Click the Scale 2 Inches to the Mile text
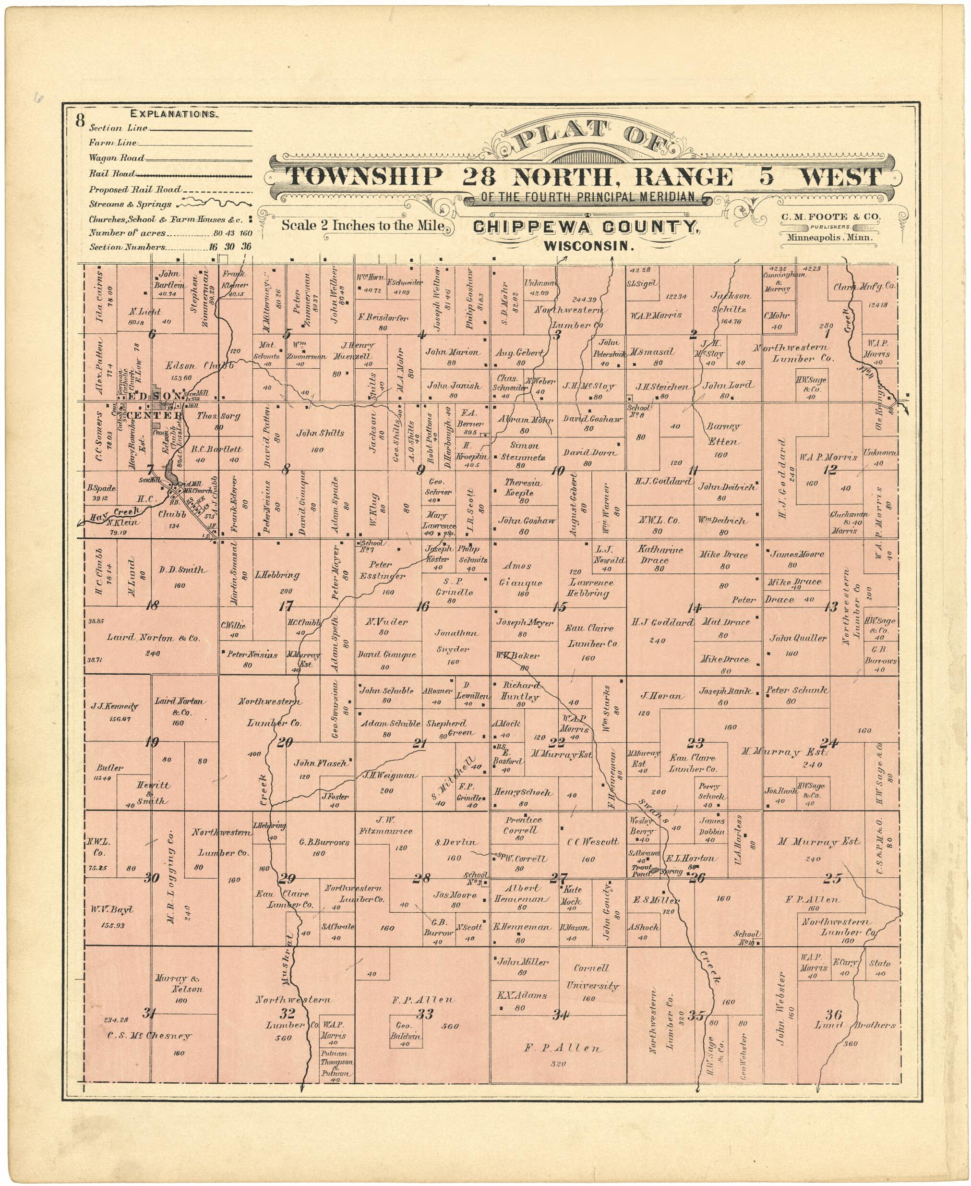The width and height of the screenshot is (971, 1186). pyautogui.click(x=363, y=226)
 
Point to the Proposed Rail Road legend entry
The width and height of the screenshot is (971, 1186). pyautogui.click(x=135, y=190)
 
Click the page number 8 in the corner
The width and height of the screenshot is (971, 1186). pyautogui.click(x=80, y=120)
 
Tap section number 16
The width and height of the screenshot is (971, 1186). pyautogui.click(x=423, y=606)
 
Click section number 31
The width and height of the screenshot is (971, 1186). pyautogui.click(x=149, y=1013)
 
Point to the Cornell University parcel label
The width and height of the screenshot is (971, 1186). pyautogui.click(x=591, y=977)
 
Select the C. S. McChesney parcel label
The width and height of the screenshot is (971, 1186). pyautogui.click(x=149, y=1036)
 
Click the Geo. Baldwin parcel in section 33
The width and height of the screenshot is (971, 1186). pyautogui.click(x=405, y=1030)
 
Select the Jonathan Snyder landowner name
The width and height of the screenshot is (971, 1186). pyautogui.click(x=457, y=641)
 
